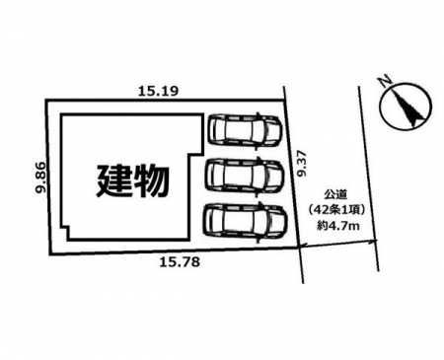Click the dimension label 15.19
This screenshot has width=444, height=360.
click(158, 91)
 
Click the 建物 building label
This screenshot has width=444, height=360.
click(131, 180)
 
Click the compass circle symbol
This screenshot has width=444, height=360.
click(405, 106)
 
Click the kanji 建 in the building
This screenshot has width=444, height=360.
click(113, 180)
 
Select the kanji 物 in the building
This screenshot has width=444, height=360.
click(149, 180)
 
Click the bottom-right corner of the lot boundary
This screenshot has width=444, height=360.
click(302, 249)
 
